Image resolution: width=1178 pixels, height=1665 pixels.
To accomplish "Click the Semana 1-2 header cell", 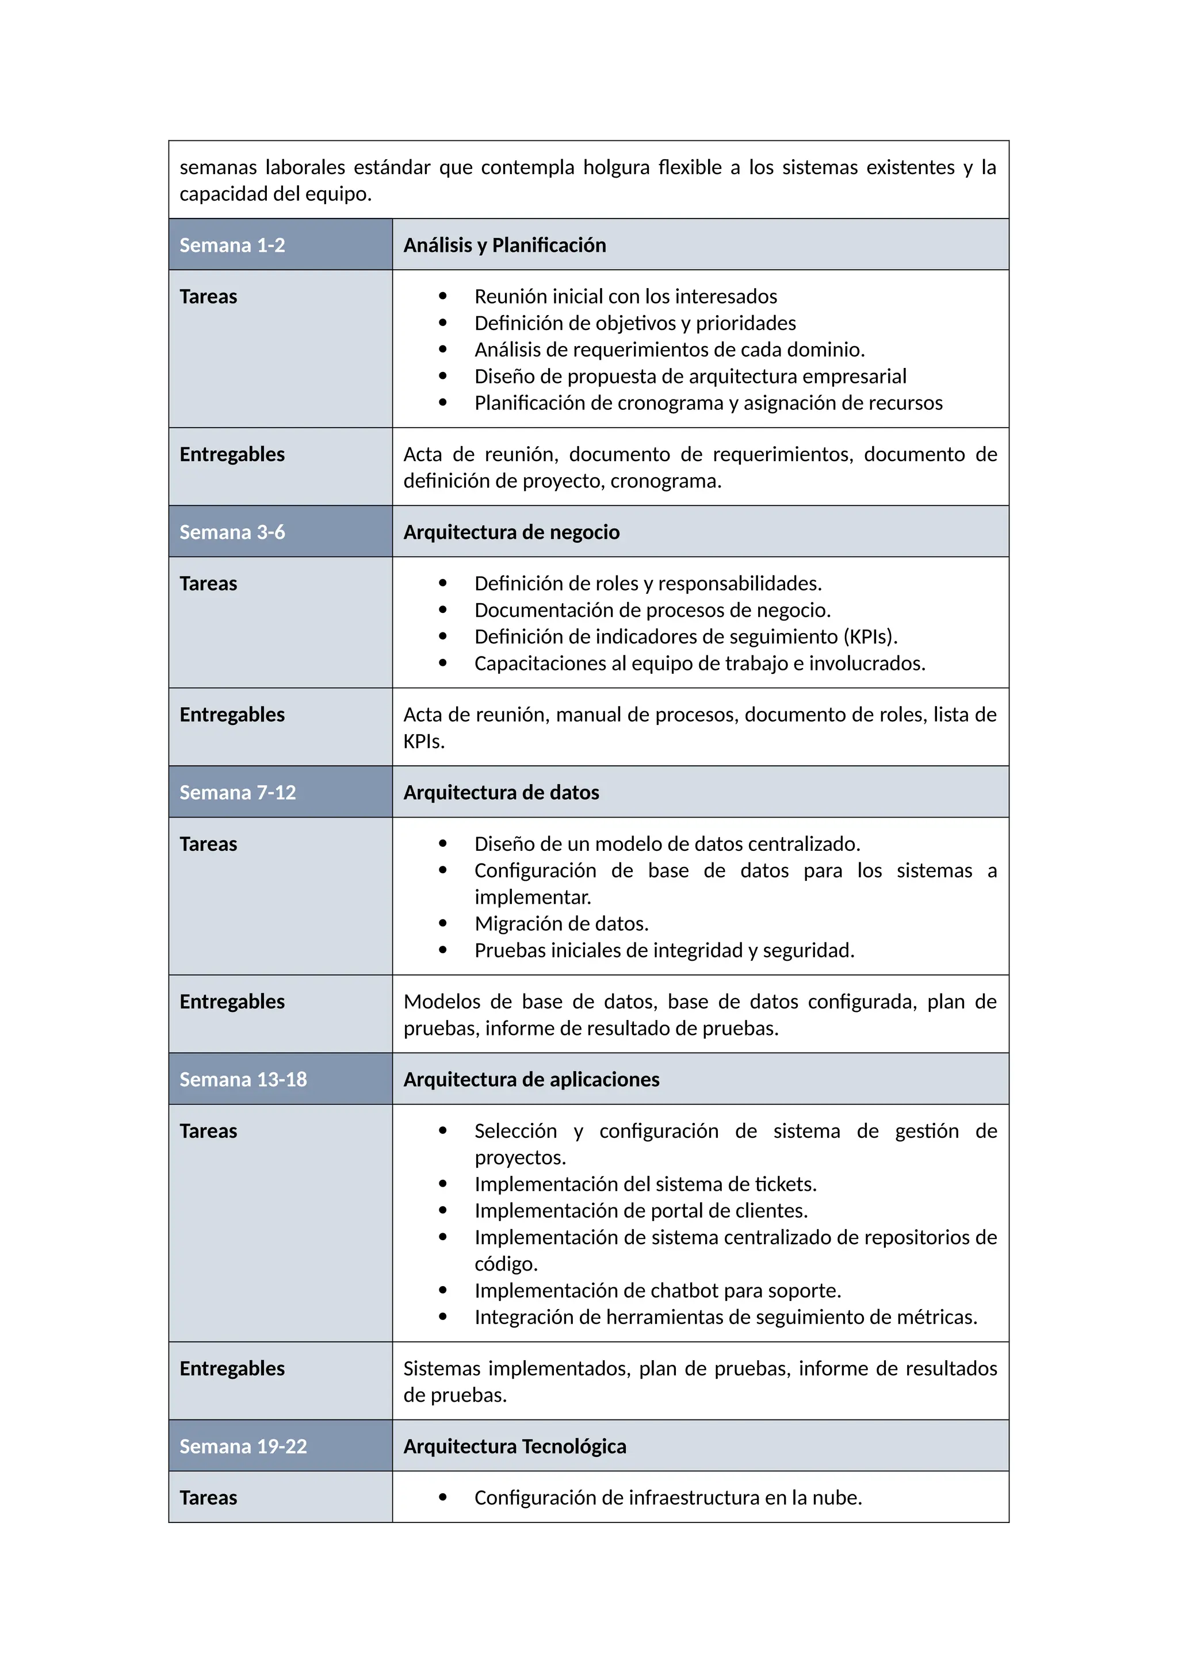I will point(232,245).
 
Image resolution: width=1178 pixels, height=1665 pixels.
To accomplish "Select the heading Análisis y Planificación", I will point(504,245).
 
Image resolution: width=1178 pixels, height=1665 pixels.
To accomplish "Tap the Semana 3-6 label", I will point(232,532).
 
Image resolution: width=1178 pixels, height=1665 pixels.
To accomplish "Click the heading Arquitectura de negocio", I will point(511,532).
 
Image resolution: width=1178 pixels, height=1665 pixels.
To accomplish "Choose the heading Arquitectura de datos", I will point(501,793).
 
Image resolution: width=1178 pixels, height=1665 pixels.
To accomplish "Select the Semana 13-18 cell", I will point(243,1080).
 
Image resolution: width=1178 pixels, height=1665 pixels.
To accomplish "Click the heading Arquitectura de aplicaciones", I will point(531,1080).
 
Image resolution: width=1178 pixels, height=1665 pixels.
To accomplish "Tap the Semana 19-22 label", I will point(243,1447).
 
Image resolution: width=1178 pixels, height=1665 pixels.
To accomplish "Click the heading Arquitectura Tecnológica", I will point(514,1447).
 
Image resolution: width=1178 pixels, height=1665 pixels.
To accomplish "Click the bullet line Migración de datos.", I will point(561,924).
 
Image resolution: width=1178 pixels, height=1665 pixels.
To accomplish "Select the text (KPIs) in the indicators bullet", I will point(870,636).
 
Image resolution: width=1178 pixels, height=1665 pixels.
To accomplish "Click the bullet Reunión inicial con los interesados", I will point(625,297).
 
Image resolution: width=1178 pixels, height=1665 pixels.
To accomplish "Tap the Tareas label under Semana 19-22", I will point(208,1498).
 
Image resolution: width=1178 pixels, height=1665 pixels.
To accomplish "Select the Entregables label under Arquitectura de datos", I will point(232,1002).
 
